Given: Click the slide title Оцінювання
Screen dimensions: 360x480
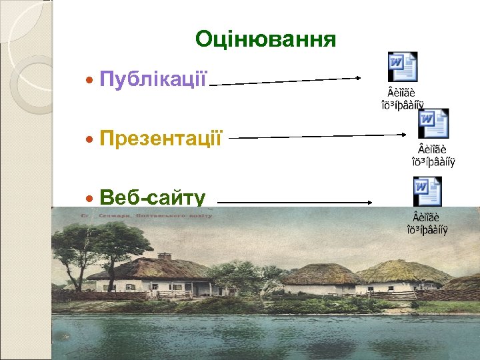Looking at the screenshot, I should click(265, 40).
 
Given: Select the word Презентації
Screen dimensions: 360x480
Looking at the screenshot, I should click(160, 139).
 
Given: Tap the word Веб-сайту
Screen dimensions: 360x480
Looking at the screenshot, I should click(152, 197).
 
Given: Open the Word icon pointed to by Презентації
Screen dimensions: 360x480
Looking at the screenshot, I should click(433, 123).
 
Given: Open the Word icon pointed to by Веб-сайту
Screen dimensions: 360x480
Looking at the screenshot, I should click(427, 191).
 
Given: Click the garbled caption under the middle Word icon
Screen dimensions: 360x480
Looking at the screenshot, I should click(433, 155).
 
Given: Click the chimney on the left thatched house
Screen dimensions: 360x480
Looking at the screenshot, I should click(165, 256).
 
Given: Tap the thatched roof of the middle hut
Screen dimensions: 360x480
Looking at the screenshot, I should click(322, 273).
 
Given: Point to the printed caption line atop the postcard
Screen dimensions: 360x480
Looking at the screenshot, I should click(146, 215).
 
